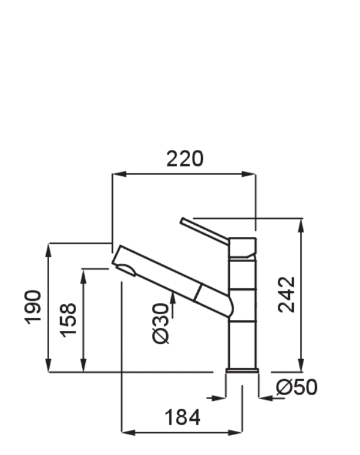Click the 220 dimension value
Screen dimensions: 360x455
tap(185, 158)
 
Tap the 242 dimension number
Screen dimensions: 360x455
tap(286, 294)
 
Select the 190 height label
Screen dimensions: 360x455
tap(32, 307)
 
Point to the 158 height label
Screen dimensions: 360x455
tap(68, 320)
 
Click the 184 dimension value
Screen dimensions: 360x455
tap(182, 417)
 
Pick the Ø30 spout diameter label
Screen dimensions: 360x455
tap(160, 323)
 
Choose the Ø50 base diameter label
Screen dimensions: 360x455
tap(297, 387)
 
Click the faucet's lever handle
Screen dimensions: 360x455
tap(204, 231)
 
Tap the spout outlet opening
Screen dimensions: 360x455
tap(126, 269)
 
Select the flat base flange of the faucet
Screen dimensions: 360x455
tap(242, 370)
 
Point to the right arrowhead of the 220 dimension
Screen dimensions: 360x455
tap(248, 174)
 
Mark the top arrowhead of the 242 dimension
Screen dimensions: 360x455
tap(301, 225)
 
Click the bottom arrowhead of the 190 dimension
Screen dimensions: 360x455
tap(49, 364)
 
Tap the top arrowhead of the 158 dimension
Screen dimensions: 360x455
tap(83, 276)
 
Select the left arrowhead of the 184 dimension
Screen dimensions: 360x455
tap(128, 433)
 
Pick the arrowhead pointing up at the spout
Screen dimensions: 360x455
tap(173, 299)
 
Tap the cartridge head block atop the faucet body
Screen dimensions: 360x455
tap(242, 248)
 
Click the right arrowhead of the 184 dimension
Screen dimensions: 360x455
tap(235, 433)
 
